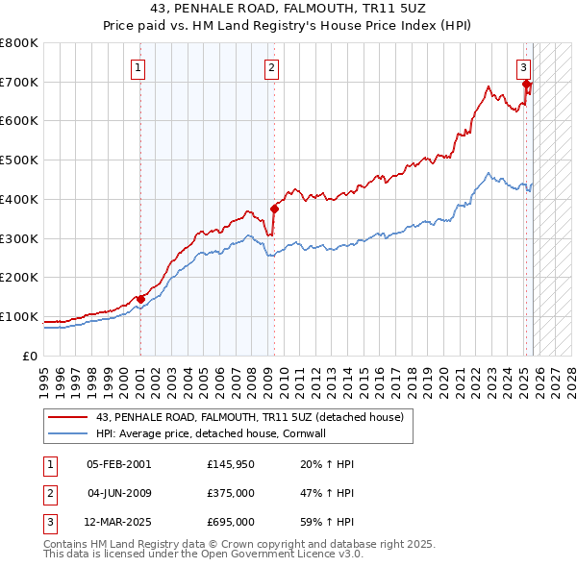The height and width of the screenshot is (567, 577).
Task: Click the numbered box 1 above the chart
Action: click(139, 67)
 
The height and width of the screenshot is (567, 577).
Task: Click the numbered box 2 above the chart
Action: click(272, 67)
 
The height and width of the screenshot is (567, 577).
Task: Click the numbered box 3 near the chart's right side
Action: click(523, 67)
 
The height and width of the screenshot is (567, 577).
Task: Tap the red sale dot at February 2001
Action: click(140, 299)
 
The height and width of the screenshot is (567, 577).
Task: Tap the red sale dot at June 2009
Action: click(274, 208)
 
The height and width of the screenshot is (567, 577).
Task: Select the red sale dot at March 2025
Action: click(526, 84)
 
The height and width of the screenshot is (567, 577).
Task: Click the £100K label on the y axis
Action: click(19, 316)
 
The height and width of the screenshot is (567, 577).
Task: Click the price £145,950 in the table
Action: click(231, 464)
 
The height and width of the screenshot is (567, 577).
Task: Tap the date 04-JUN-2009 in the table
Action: click(119, 493)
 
